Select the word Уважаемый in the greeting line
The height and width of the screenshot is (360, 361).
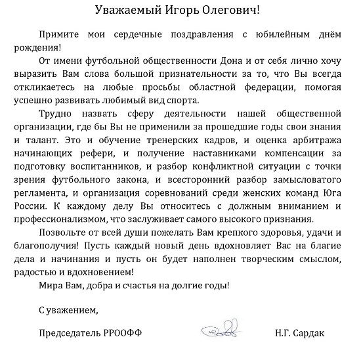129,11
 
